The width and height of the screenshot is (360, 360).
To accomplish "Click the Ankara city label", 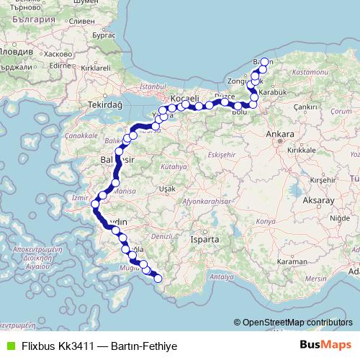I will [279, 134].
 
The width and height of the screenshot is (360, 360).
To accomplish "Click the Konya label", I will [266, 222].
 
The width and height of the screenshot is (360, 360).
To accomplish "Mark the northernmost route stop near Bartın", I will [264, 62].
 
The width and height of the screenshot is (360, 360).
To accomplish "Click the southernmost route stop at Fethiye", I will [158, 279].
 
